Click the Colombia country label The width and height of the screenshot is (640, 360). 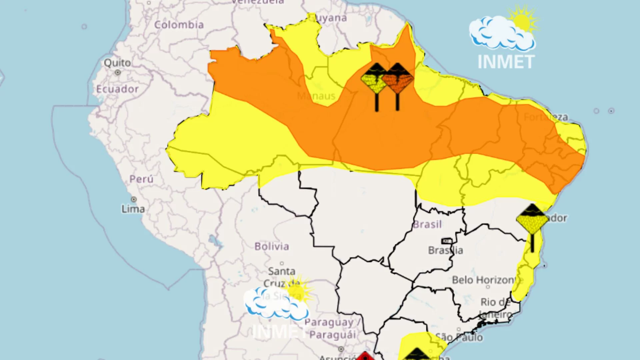[x=179, y=25]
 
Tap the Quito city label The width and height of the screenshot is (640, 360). [x=117, y=63]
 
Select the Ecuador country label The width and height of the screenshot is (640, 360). [x=117, y=89]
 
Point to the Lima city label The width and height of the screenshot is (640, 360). [x=133, y=209]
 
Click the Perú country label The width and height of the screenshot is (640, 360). [x=141, y=179]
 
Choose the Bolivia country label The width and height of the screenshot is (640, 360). [x=272, y=246]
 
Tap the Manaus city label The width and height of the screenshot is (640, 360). [x=316, y=96]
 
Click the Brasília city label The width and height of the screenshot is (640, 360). [x=445, y=250]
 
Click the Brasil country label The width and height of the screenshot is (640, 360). [x=427, y=224]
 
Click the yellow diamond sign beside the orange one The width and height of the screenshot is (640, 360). [x=374, y=80]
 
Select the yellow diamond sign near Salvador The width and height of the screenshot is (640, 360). [x=532, y=220]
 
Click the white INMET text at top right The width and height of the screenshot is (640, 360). [x=506, y=62]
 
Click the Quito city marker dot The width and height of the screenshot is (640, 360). [x=118, y=72]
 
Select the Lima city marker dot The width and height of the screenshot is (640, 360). [x=134, y=199]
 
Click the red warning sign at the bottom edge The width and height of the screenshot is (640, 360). [x=365, y=356]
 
